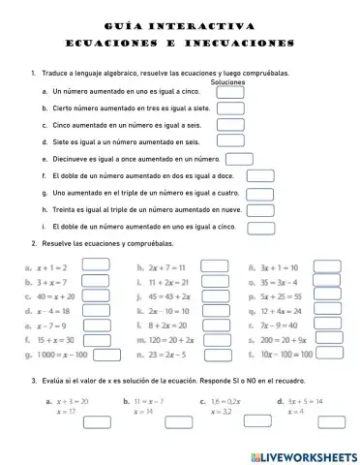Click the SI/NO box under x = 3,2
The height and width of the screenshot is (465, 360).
tap(240, 424)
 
